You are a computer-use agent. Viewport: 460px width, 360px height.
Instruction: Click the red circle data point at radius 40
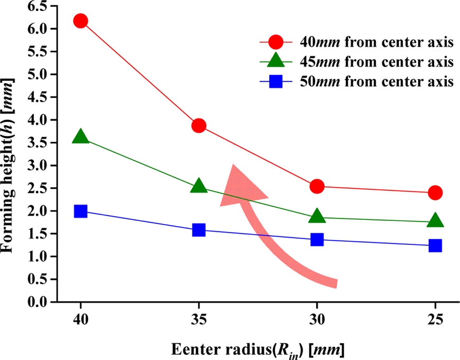point(80,21)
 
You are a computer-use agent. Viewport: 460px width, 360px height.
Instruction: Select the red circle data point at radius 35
point(199,126)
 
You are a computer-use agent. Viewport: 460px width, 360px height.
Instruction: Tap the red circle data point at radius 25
point(435,192)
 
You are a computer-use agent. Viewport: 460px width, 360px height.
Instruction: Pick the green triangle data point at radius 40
point(80,137)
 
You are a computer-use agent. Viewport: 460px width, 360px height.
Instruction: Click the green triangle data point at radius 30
point(317,216)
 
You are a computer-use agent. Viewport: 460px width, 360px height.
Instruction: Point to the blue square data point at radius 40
point(80,211)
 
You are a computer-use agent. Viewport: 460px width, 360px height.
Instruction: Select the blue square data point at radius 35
point(199,230)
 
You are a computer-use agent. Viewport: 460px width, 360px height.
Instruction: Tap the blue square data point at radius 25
point(435,245)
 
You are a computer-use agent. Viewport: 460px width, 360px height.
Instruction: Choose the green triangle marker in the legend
point(277,62)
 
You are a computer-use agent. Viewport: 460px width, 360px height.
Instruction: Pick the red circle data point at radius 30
point(317,186)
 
